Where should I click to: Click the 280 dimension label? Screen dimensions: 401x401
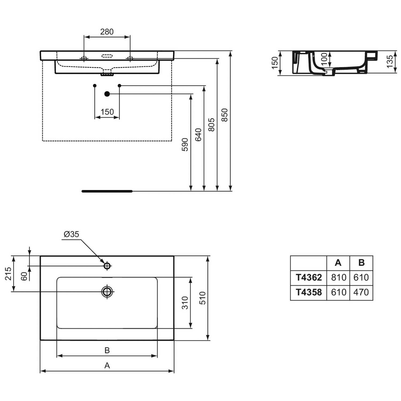(107, 32)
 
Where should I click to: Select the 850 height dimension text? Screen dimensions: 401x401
(225, 115)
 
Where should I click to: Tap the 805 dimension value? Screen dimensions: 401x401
(211, 125)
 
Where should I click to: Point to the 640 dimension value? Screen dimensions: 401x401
(198, 135)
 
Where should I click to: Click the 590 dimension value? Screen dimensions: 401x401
(185, 145)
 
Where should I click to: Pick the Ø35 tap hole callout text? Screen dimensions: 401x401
(71, 234)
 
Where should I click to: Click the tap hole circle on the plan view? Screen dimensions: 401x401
(107, 266)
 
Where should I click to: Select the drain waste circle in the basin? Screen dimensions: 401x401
(107, 291)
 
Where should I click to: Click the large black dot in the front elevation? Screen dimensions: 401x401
(107, 94)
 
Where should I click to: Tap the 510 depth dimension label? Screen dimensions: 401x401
(203, 298)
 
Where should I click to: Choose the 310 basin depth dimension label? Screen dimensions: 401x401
(185, 303)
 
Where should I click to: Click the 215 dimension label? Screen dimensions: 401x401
(8, 274)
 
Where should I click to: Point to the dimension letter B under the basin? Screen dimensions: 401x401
(107, 350)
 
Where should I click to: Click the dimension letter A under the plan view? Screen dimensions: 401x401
(107, 365)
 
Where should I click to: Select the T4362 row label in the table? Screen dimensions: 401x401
(309, 277)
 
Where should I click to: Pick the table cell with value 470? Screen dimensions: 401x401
(361, 292)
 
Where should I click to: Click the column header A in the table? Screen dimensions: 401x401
(338, 263)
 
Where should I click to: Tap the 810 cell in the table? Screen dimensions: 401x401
(339, 277)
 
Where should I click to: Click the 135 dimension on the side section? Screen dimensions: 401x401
(390, 61)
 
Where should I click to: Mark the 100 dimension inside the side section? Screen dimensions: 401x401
(324, 59)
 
